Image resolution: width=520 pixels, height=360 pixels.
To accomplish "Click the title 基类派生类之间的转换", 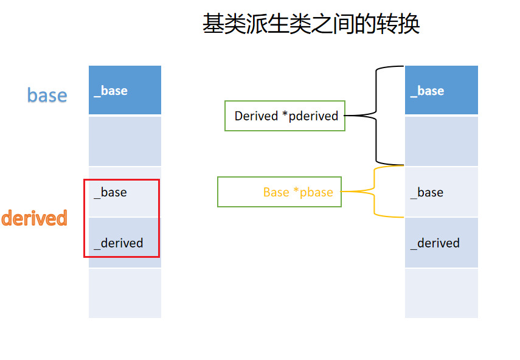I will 311,24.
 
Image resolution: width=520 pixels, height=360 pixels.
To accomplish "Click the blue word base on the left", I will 47,95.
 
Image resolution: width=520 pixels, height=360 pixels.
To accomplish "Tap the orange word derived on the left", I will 34,218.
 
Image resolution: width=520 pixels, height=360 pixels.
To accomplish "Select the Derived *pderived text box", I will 285,116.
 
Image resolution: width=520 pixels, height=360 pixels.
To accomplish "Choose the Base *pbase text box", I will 279,192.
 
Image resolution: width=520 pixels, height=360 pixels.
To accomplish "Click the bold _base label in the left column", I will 111,91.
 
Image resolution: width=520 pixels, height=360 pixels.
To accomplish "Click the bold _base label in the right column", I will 427,91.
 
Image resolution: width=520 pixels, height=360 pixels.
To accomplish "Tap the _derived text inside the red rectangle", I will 119,243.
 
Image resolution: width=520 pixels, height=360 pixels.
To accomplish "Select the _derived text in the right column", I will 435,243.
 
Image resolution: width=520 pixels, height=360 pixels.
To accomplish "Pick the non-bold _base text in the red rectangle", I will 111,192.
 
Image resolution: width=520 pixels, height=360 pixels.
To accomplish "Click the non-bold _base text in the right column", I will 427,192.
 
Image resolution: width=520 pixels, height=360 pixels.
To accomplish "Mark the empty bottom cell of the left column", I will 125,293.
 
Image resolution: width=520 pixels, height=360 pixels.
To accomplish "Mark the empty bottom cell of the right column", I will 441,293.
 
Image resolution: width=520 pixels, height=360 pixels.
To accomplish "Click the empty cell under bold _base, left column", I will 125,141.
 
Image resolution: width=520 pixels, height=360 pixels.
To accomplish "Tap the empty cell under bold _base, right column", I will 441,141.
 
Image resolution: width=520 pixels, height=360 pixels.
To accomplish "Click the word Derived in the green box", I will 256,116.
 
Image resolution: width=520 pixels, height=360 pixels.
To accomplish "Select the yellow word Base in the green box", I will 276,192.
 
